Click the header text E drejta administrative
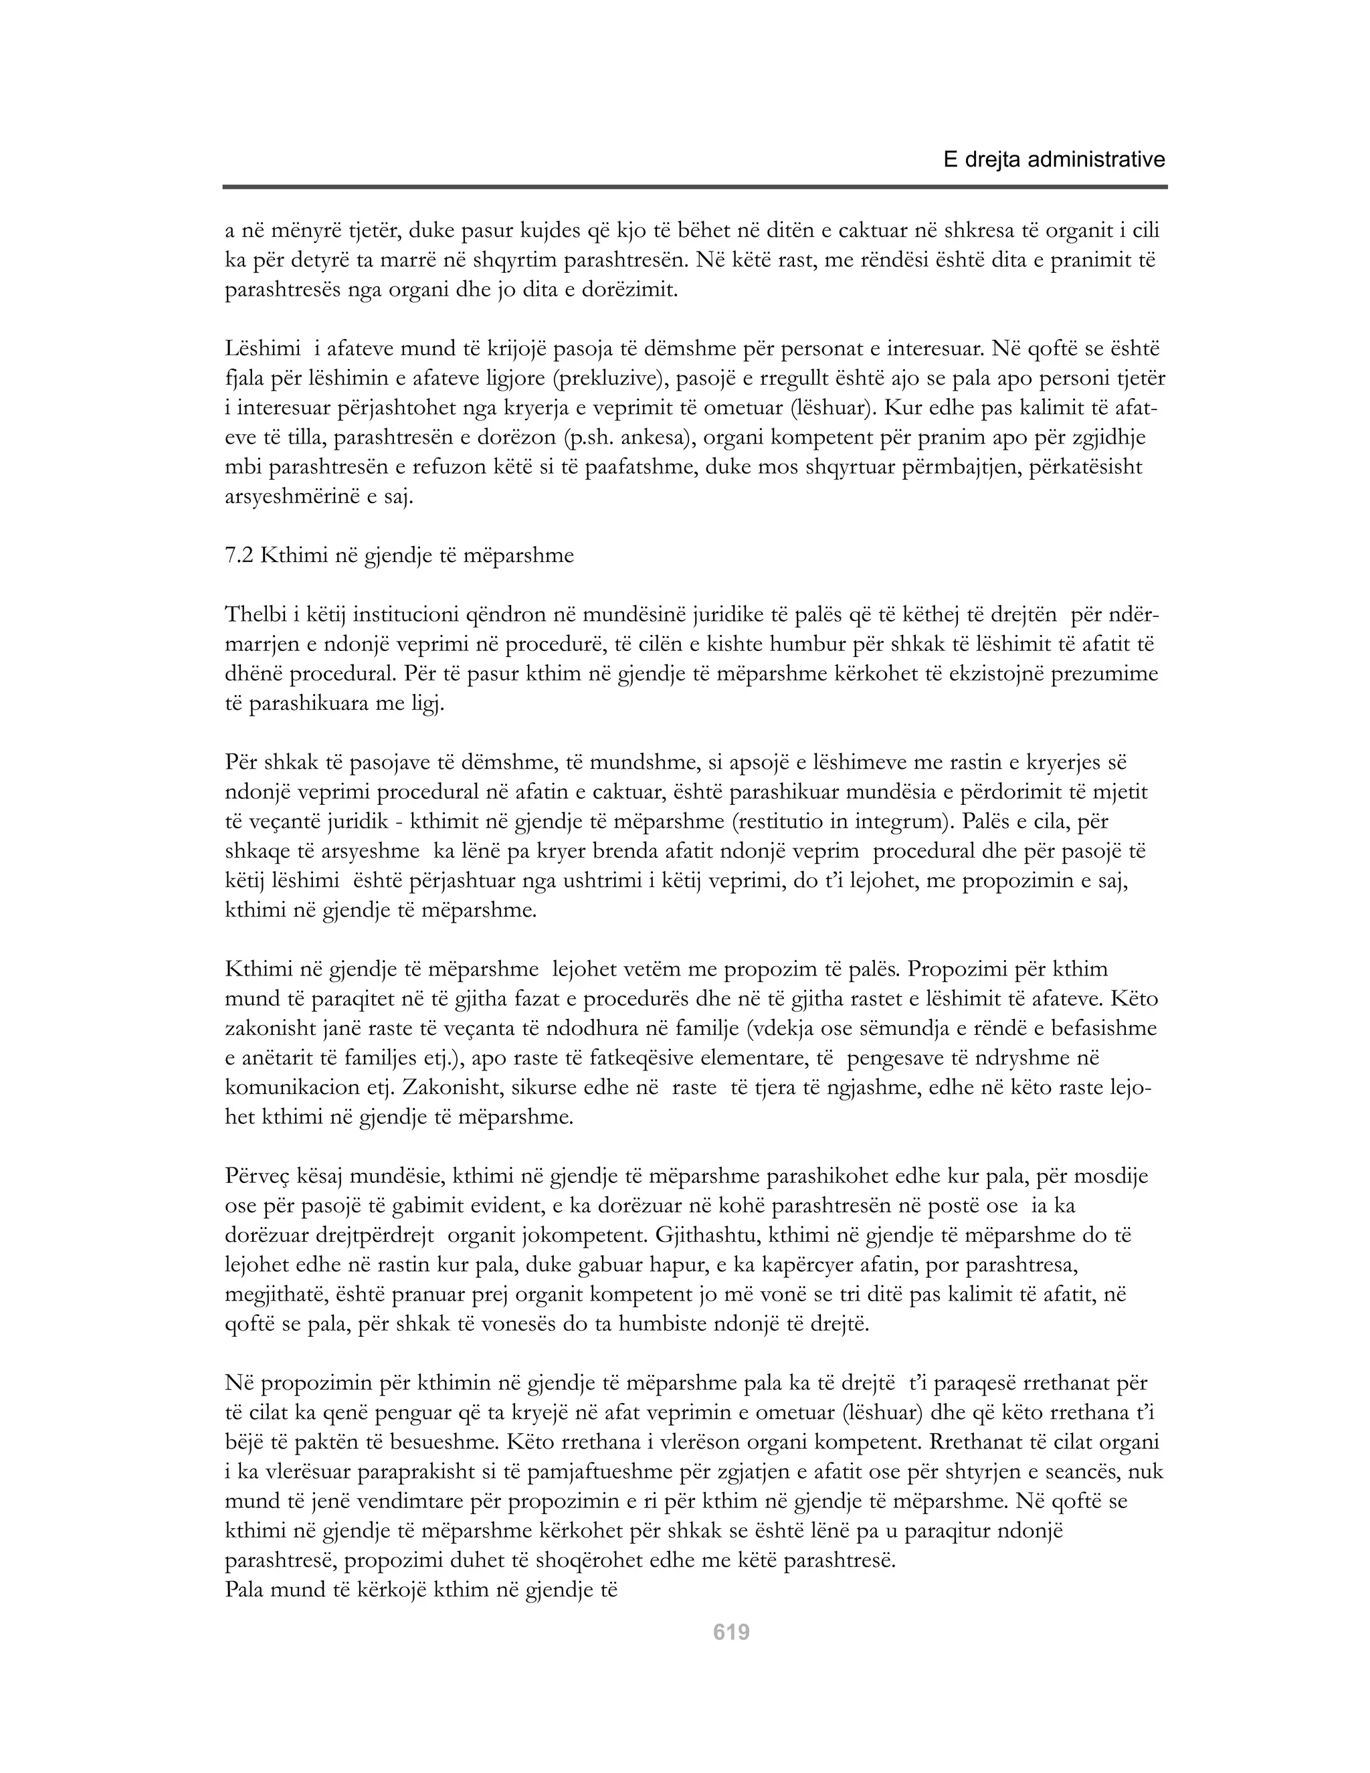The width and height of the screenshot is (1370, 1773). (x=1054, y=160)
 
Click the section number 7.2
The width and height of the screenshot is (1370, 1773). (x=239, y=555)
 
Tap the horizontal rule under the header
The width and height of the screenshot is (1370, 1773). (x=695, y=187)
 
